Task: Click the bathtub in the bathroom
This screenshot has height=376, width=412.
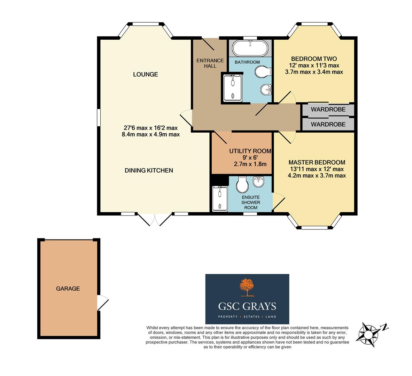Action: [250, 48]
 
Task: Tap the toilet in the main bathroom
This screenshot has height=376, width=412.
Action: [262, 73]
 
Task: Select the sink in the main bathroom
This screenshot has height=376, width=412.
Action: [266, 90]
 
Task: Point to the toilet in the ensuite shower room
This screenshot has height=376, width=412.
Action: [242, 185]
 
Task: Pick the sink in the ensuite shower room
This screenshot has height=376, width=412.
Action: [258, 181]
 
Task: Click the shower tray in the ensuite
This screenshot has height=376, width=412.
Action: [219, 198]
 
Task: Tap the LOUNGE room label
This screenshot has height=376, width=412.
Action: [145, 74]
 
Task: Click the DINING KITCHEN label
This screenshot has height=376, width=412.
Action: [149, 170]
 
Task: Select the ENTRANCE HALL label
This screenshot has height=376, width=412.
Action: [206, 63]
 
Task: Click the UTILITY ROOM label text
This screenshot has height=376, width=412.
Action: [250, 151]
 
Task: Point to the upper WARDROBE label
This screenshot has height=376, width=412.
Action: [328, 109]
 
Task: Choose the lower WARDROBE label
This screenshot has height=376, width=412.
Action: [328, 124]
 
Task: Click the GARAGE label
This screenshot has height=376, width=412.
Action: [68, 288]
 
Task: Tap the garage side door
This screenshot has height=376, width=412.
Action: [103, 303]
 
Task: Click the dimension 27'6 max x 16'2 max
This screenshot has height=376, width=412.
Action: [150, 128]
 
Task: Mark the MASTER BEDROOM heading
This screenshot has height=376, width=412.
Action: [317, 162]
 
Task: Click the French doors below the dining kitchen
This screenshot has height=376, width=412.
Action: [155, 219]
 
